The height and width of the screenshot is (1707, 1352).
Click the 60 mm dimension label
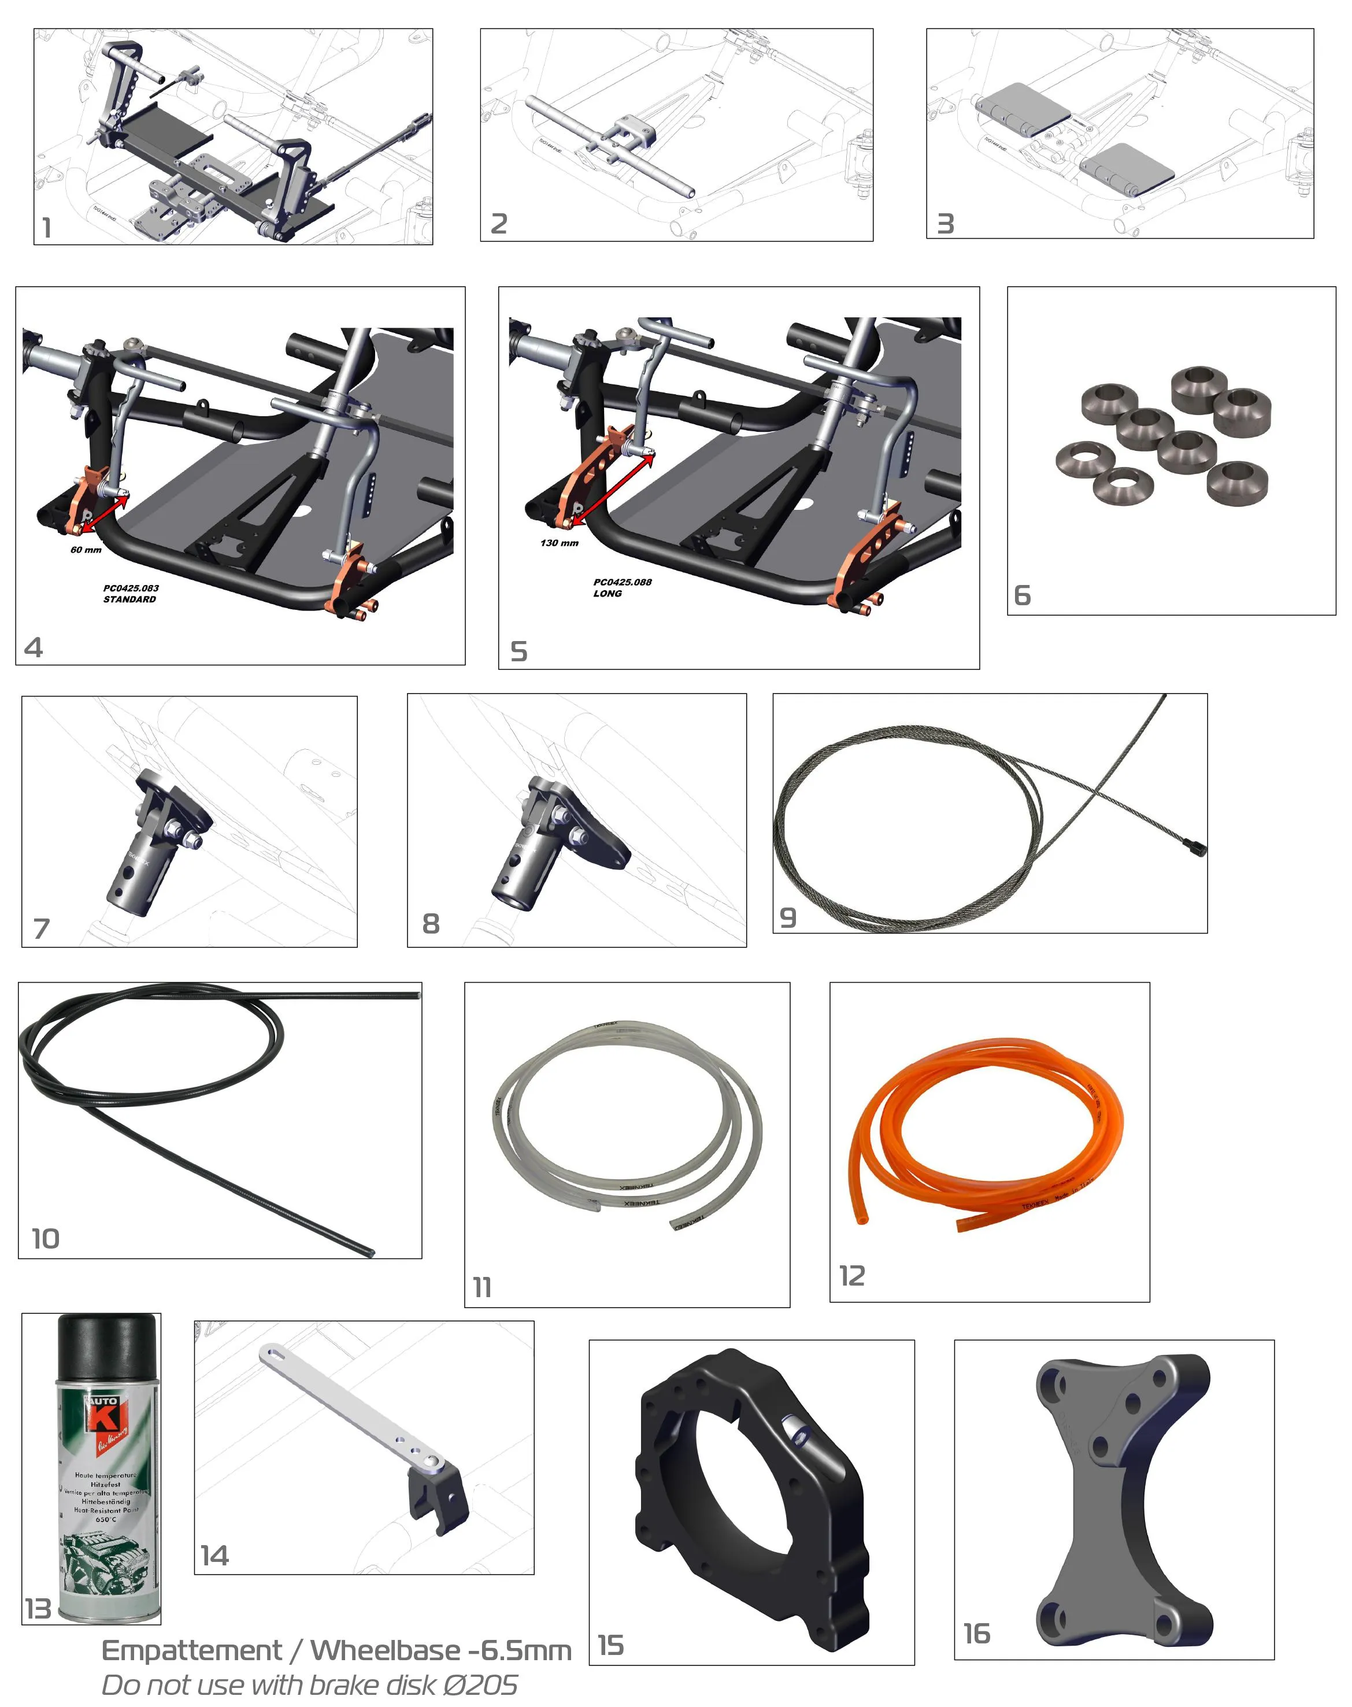coord(86,550)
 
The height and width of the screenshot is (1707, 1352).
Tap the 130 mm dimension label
coord(559,543)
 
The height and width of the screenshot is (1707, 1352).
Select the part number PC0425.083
coord(131,588)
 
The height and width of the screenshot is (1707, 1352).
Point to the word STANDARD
coord(130,599)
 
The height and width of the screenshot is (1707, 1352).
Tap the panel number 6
coord(1022,595)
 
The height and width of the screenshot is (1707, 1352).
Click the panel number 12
coord(852,1276)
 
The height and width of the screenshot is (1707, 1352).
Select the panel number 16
coord(976,1632)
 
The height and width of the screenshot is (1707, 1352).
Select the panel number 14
coord(214,1556)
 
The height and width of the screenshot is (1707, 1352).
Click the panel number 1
coord(47,228)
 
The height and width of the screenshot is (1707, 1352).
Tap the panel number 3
coord(945,224)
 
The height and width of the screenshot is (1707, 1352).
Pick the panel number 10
coord(45,1238)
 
